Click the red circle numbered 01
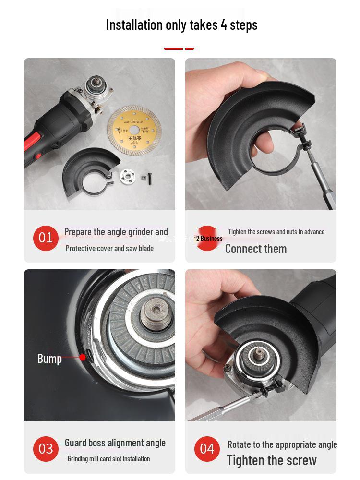point(46,238)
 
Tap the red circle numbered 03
point(46,449)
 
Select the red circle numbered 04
point(207,449)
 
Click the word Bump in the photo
point(49,359)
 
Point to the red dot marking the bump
point(83,357)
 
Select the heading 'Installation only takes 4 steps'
point(181,25)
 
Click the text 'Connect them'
point(256,249)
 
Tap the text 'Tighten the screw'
point(272,460)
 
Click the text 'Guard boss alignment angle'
point(115,443)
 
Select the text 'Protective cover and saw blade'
point(109,248)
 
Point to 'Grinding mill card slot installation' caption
point(108,459)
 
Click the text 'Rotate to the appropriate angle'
point(282,444)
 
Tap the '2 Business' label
point(209,239)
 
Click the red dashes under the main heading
point(179,49)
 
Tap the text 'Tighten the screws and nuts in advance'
point(276,232)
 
